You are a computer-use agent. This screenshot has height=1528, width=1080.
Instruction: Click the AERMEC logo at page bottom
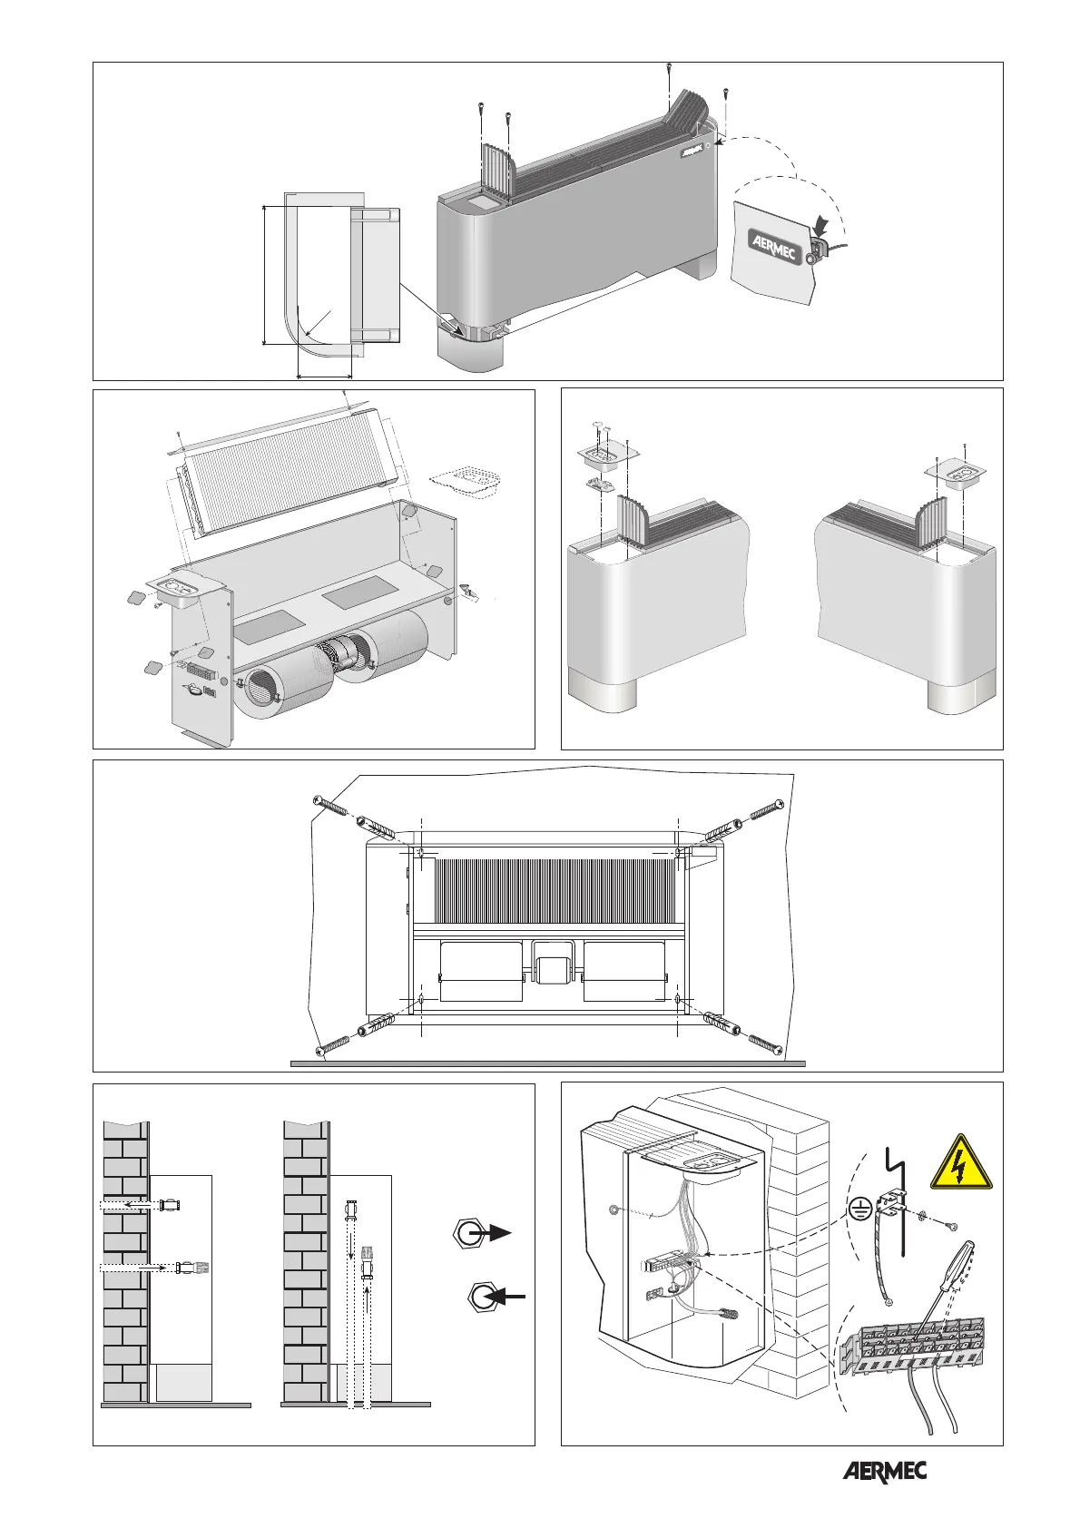(885, 1472)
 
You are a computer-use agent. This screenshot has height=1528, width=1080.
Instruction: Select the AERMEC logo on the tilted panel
(772, 245)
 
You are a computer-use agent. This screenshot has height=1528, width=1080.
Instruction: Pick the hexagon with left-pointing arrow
(483, 1298)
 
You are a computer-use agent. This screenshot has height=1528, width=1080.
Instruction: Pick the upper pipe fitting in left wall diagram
(170, 1205)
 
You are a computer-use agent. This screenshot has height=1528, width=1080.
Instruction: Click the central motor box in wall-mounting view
(553, 963)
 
